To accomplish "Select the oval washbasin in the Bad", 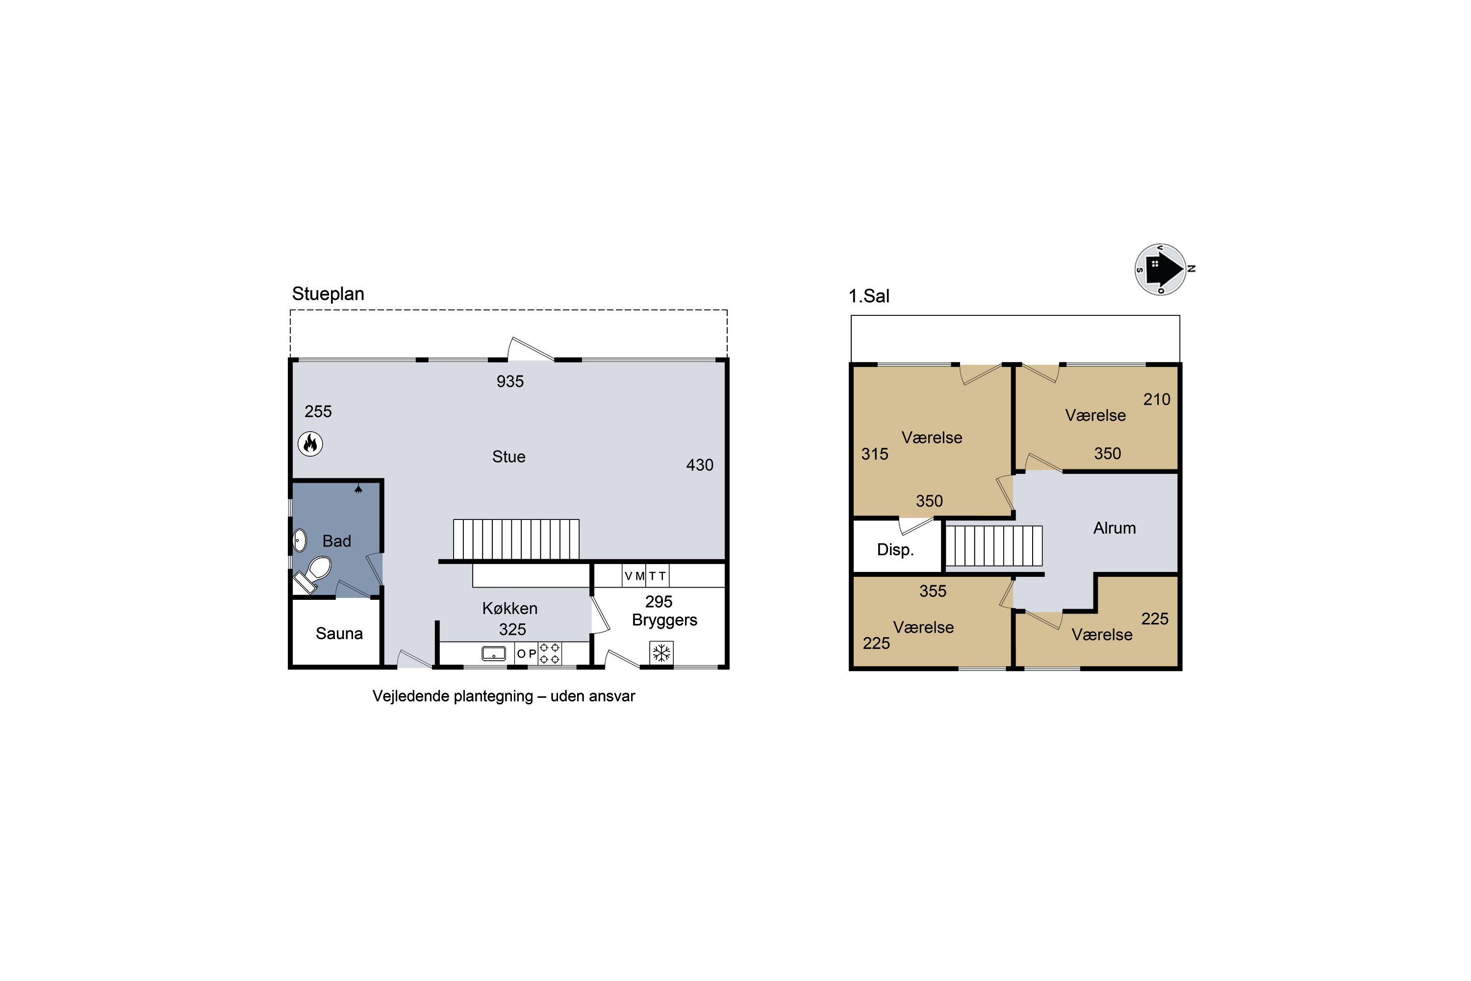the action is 300,541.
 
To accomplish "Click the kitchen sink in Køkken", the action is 493,653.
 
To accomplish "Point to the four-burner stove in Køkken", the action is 550,653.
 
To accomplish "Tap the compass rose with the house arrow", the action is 1162,269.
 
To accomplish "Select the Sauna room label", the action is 339,634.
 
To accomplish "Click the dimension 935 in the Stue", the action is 510,381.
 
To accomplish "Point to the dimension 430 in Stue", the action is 700,465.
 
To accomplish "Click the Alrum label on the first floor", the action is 1115,528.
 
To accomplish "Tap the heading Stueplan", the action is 329,294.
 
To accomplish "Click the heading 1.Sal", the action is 869,296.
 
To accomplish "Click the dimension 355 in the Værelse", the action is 933,591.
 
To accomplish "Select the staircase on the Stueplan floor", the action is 516,539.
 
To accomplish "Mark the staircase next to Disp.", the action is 994,545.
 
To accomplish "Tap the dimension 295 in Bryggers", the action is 659,601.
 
